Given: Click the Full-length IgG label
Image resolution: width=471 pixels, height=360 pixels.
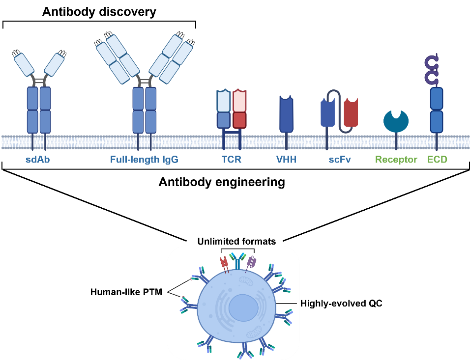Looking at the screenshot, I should (x=144, y=160).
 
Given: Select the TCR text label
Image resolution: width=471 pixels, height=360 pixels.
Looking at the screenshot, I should (x=232, y=160).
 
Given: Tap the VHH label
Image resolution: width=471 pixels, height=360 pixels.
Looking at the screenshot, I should (x=286, y=160).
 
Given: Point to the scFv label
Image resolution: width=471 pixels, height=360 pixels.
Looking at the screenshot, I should (x=340, y=160).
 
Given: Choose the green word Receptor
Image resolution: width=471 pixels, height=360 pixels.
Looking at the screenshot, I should (x=396, y=160).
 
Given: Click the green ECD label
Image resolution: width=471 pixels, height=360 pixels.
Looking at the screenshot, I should (x=437, y=160).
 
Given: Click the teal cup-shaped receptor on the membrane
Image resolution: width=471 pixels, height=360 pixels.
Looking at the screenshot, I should (x=396, y=121).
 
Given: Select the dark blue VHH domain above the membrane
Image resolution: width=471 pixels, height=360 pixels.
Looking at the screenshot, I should (x=286, y=114).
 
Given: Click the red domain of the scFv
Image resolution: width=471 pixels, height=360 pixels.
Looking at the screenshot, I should (x=351, y=113).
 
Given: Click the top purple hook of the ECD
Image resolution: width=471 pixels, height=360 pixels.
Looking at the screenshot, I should (x=431, y=62).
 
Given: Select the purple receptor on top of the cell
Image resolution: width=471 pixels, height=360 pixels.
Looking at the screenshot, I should (x=251, y=262).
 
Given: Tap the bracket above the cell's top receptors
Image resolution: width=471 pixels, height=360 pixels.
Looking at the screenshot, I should (x=237, y=249).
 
